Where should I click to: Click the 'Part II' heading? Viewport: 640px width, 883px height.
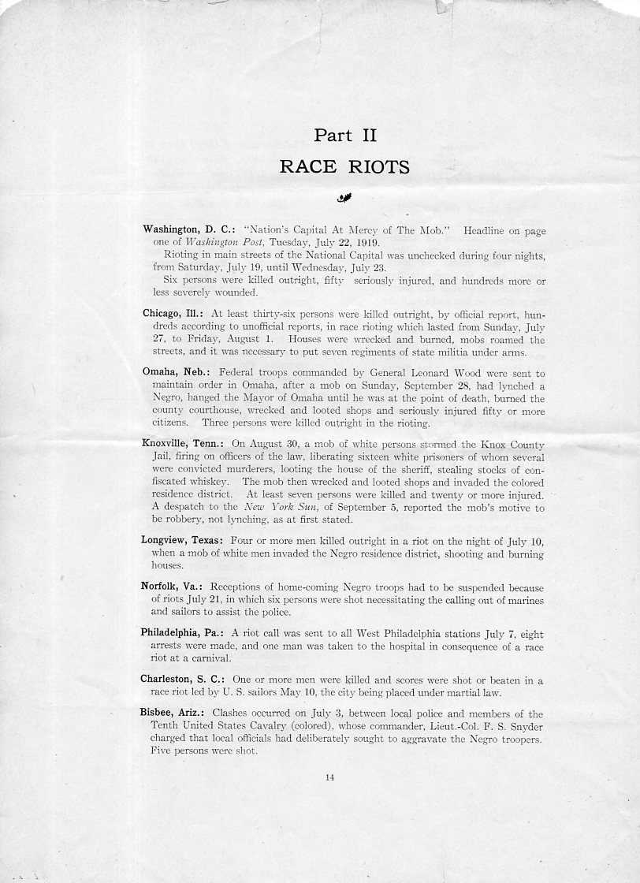pyautogui.click(x=345, y=136)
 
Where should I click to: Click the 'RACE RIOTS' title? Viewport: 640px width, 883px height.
pyautogui.click(x=345, y=166)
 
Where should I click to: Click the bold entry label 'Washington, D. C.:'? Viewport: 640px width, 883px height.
pyautogui.click(x=186, y=229)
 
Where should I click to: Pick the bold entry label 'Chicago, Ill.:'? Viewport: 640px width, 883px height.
pyautogui.click(x=173, y=313)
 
